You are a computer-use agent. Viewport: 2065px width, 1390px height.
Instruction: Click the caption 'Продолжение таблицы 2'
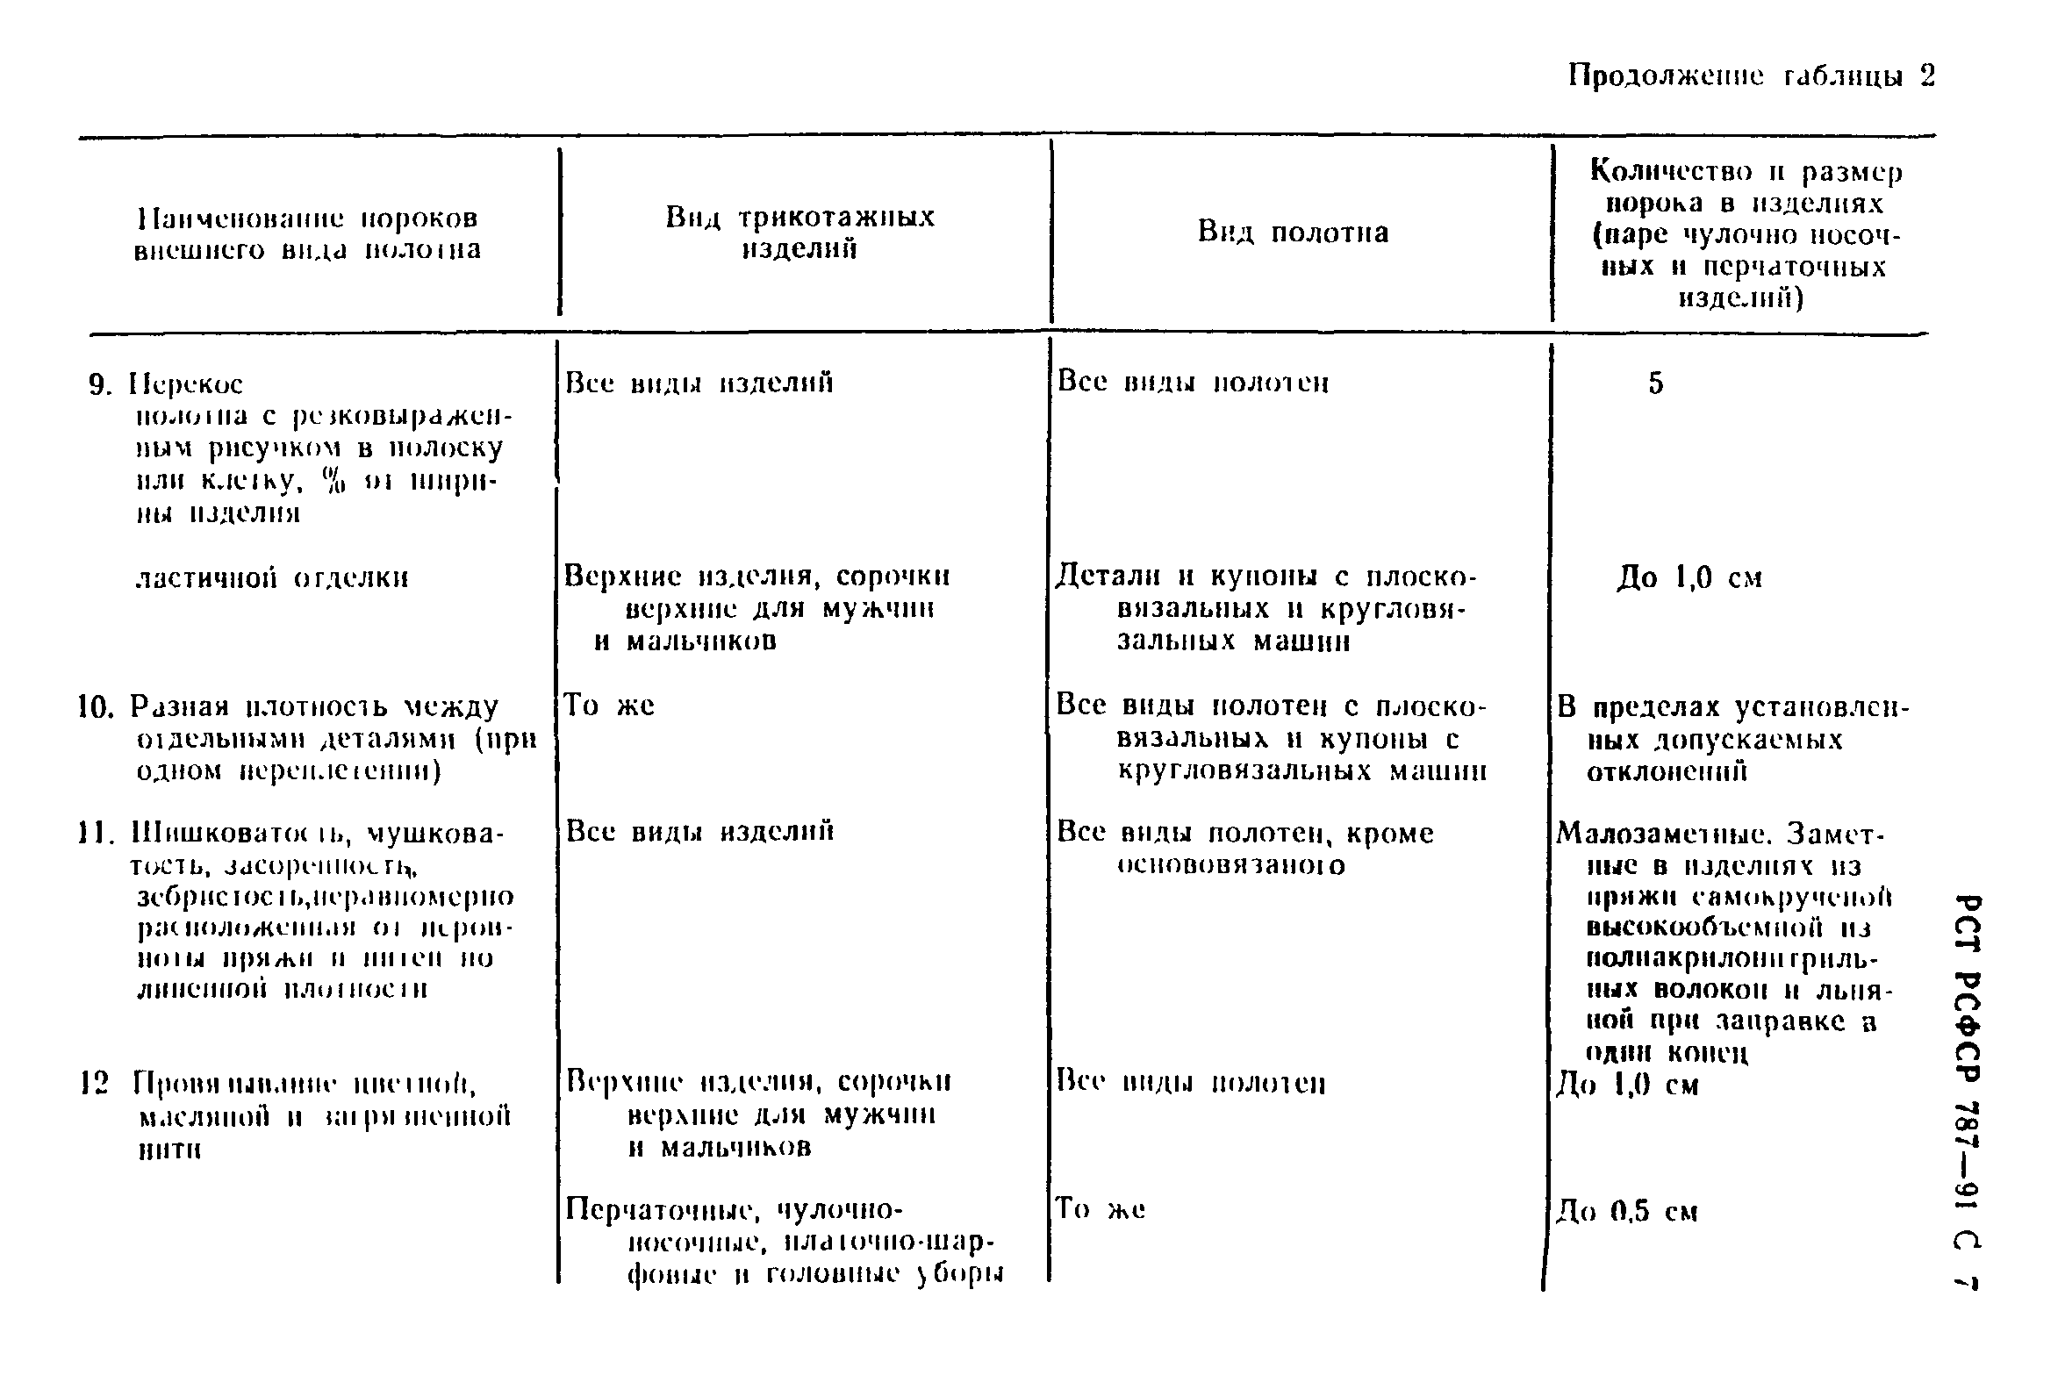pos(1750,76)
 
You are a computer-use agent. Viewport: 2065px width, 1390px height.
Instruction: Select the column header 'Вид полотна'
pos(1293,233)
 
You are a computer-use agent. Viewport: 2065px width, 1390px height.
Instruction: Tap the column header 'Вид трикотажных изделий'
pos(799,233)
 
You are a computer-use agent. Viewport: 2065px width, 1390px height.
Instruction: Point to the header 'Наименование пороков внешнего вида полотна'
pos(308,233)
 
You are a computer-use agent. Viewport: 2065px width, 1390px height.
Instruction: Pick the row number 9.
pos(99,384)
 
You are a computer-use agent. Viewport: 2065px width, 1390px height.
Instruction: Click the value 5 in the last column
pos(1655,383)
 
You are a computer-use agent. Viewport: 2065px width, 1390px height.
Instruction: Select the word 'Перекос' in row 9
pos(186,384)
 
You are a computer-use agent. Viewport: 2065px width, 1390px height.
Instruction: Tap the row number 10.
pos(96,707)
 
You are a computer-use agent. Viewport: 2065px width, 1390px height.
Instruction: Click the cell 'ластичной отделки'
pos(272,578)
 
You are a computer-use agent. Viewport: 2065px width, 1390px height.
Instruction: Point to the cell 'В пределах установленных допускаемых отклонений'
pos(1732,739)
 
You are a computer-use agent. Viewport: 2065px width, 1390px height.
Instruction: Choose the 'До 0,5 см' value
pos(1627,1211)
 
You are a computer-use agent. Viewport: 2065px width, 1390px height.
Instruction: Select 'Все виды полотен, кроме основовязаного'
pos(1244,849)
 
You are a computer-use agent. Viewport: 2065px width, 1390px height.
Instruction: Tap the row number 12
pos(94,1082)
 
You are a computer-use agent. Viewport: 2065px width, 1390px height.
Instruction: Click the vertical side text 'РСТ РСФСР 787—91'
pos(1967,1064)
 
